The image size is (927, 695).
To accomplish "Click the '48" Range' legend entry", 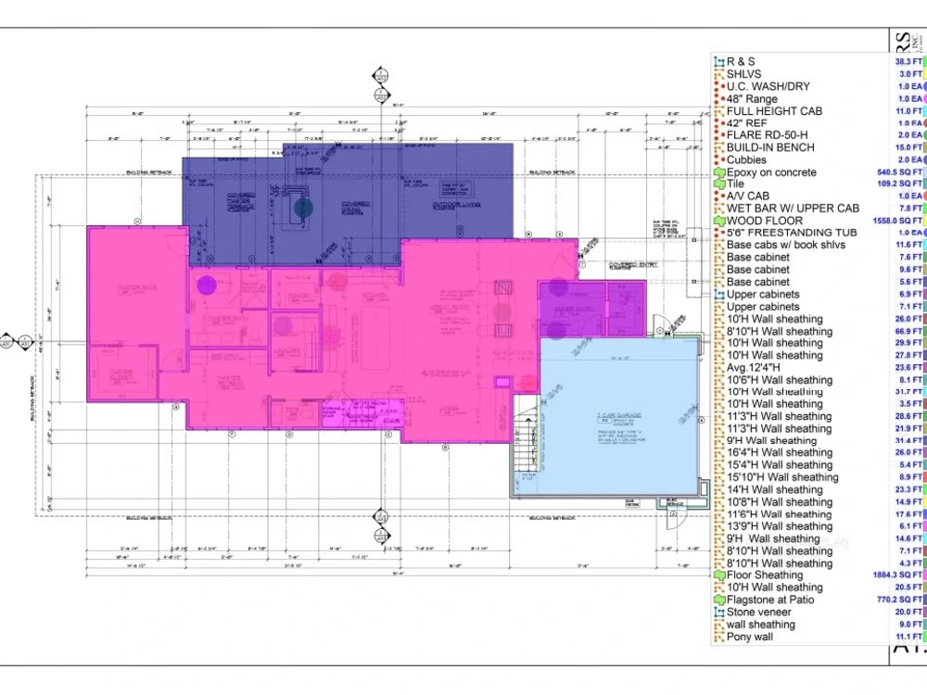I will [752, 99].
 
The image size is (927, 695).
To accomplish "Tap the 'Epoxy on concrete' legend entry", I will [771, 172].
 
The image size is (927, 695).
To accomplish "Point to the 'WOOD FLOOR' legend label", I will [764, 221].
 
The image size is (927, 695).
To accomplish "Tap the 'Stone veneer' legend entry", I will [759, 612].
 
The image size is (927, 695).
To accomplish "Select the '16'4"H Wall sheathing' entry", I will [779, 453].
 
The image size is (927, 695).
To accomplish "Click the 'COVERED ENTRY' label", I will [628, 264].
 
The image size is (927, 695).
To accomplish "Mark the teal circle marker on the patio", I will [303, 208].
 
